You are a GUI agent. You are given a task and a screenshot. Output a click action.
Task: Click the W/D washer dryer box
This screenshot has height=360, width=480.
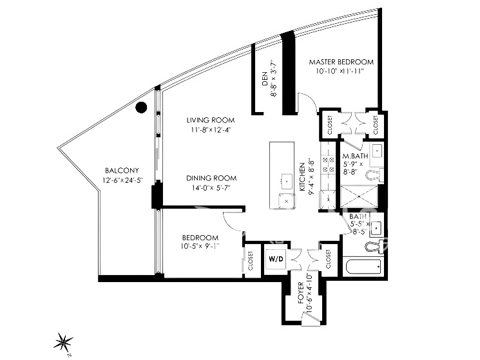[x=276, y=259]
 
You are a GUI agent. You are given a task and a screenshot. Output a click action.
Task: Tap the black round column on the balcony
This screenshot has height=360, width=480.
[x=141, y=107]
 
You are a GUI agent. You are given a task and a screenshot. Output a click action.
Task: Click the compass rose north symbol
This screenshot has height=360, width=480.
[x=63, y=341]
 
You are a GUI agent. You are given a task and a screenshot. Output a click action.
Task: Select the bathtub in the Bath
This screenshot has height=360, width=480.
[x=363, y=267]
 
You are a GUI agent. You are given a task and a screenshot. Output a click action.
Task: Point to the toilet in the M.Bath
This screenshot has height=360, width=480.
[x=375, y=175]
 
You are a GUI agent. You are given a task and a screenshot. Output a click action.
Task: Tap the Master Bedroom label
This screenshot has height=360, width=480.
[x=341, y=62]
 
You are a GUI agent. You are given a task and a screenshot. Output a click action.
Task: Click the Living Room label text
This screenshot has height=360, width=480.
[x=211, y=120]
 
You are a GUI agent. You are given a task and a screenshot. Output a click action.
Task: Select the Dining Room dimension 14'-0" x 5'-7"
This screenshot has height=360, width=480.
[x=211, y=188]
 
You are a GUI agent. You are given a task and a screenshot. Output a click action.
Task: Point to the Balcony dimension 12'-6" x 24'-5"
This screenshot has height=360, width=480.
[x=123, y=180]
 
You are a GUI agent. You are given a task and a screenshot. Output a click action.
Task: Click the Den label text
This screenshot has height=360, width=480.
[x=265, y=79]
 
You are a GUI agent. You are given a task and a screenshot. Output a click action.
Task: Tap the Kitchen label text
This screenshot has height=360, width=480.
[x=302, y=177]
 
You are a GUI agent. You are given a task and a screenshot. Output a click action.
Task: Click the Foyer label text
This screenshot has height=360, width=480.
[x=301, y=293]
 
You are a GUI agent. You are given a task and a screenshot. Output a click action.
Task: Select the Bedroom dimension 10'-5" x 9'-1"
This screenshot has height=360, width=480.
[x=200, y=245]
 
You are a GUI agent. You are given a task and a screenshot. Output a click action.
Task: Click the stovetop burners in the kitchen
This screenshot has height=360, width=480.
[x=328, y=164]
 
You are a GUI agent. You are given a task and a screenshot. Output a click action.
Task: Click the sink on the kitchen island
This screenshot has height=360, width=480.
[x=287, y=181]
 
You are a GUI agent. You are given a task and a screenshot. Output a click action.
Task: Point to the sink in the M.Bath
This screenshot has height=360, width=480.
[x=376, y=151]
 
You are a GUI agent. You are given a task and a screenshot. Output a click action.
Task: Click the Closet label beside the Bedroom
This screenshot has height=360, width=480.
[x=251, y=261]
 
